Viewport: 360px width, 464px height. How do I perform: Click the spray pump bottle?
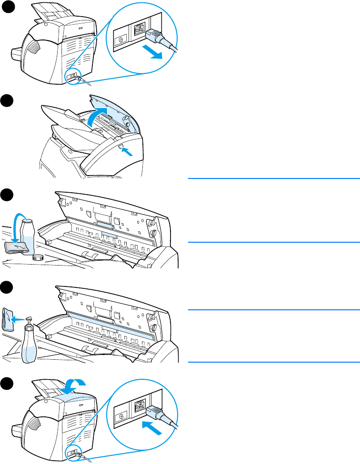click(29, 340)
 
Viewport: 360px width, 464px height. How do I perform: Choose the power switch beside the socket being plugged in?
click(121, 415)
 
